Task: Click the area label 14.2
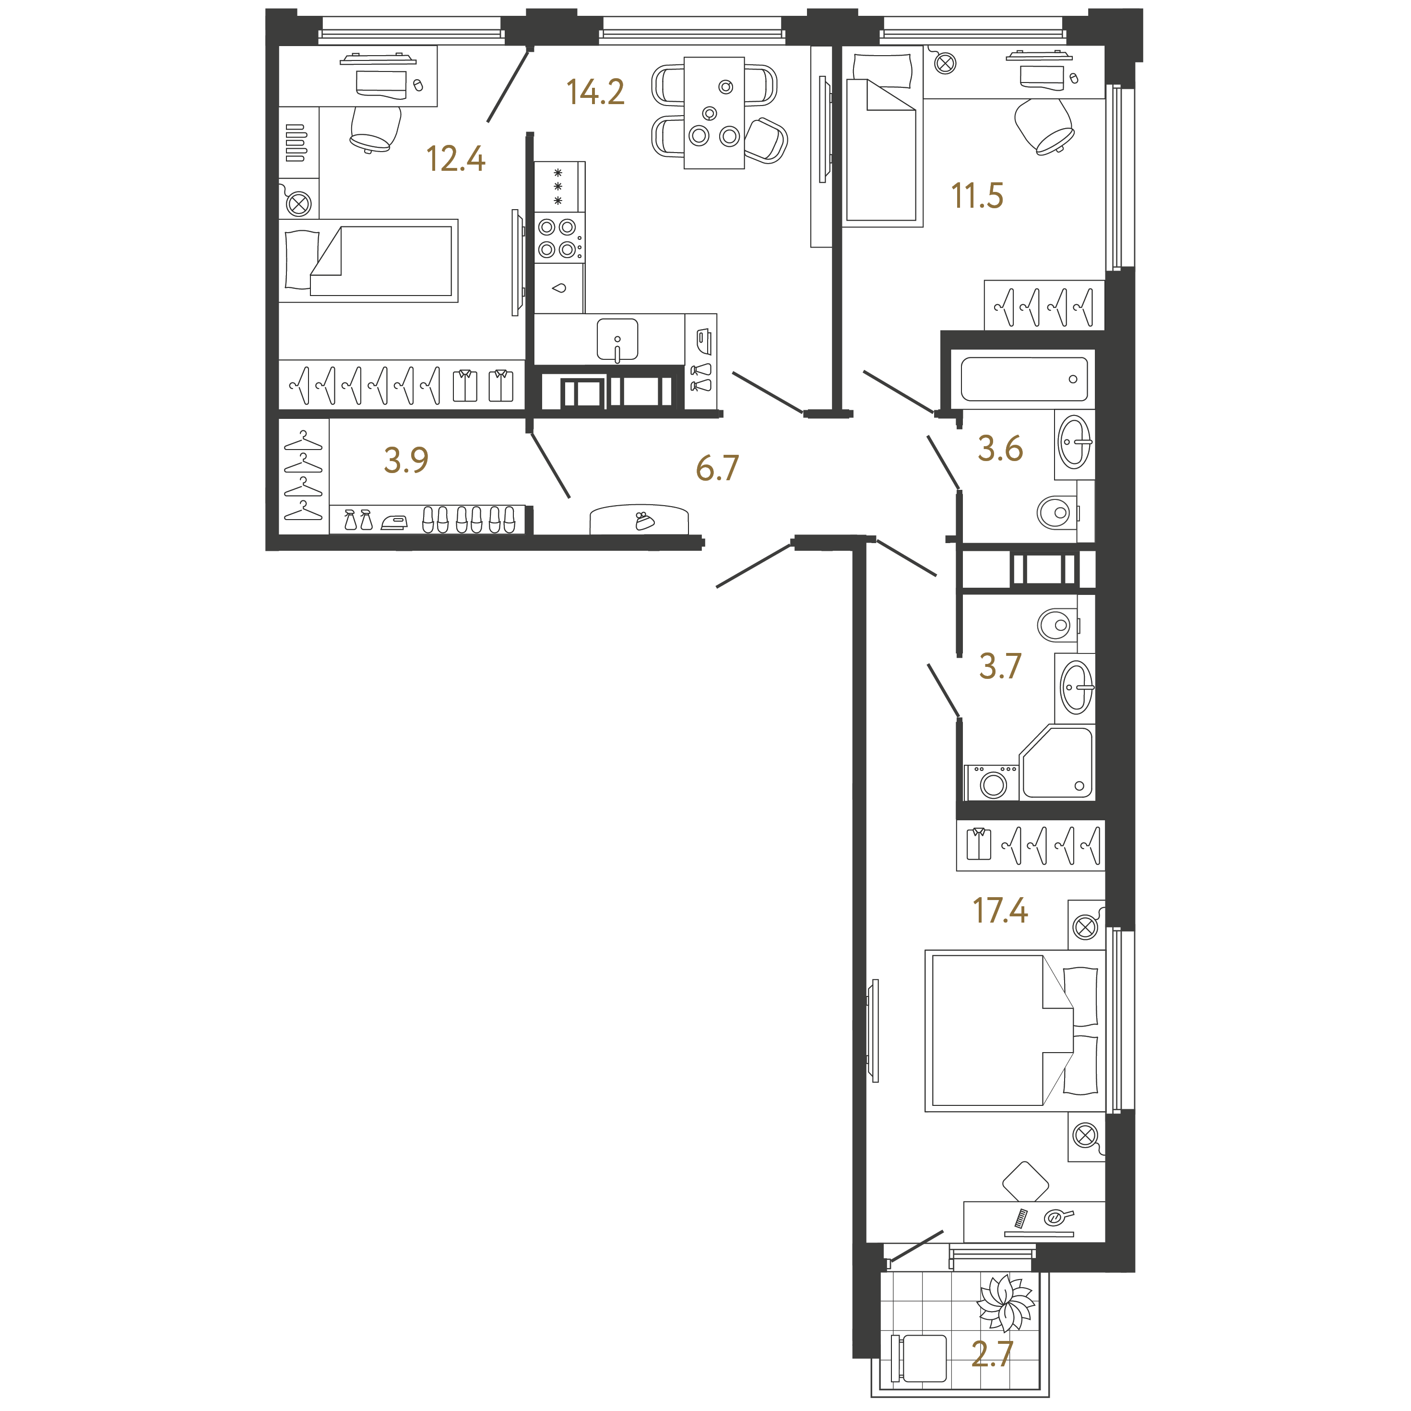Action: (595, 92)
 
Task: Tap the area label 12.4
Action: (456, 158)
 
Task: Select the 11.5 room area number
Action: (977, 196)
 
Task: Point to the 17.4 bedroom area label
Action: (1000, 910)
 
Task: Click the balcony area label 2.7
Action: (993, 1353)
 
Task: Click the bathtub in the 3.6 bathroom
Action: (1023, 379)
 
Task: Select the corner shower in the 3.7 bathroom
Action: (1057, 762)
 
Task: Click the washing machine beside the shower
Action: (992, 782)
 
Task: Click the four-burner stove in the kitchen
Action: (559, 238)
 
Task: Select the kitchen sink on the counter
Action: (617, 340)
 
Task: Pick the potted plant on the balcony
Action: (1007, 1304)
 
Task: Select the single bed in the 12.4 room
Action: (369, 261)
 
